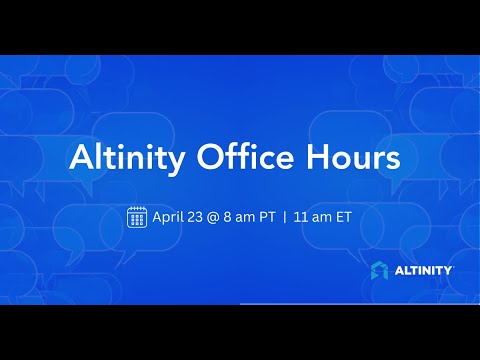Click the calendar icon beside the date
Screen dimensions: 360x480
click(x=138, y=216)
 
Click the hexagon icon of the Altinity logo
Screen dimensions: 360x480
click(x=380, y=270)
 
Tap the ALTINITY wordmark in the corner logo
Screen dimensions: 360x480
click(x=423, y=270)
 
